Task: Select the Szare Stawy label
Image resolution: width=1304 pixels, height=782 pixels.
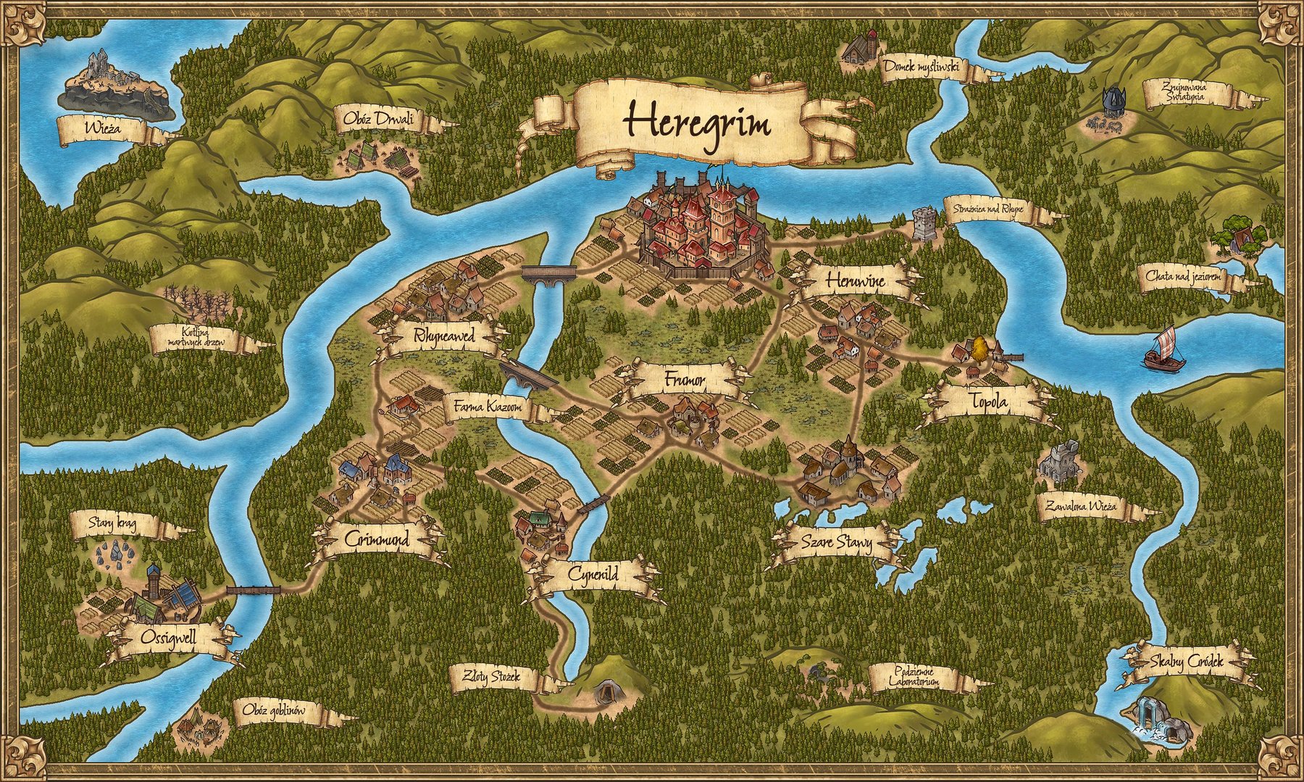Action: [x=837, y=542]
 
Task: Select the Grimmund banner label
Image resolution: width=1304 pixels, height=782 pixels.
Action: [x=377, y=540]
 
